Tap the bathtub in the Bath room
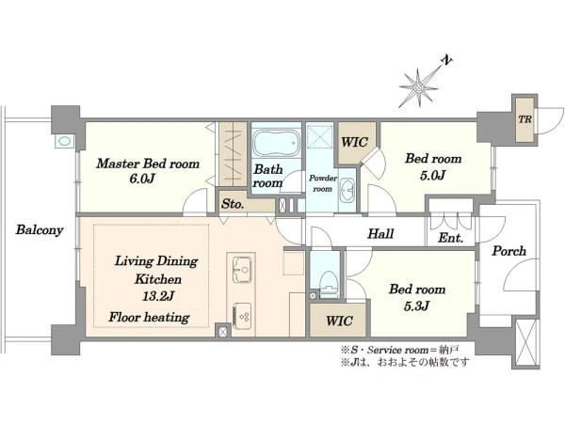[276, 143]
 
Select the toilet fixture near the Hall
[329, 284]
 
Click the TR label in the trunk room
[525, 119]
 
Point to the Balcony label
[40, 229]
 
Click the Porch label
[508, 251]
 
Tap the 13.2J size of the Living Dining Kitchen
[158, 296]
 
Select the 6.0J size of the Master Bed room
[141, 179]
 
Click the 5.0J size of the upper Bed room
[432, 175]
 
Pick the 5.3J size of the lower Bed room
[416, 306]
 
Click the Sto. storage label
[233, 204]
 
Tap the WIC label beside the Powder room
[355, 142]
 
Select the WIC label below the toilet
[339, 321]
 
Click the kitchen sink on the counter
[243, 270]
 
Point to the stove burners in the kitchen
[242, 316]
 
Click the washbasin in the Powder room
[347, 189]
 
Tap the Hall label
[380, 234]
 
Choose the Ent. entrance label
[450, 238]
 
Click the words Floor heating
[149, 317]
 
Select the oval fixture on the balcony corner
[64, 141]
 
